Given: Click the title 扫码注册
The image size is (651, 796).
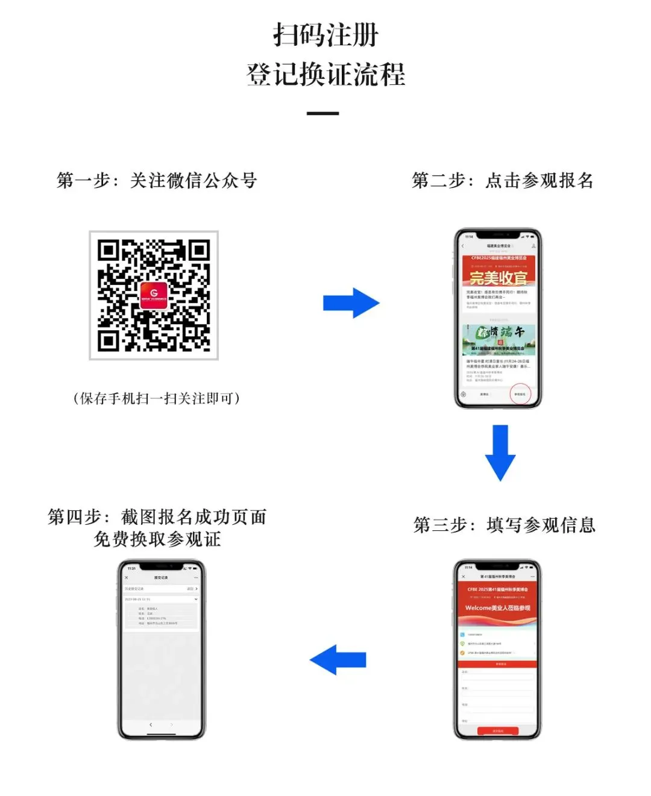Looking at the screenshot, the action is (x=325, y=35).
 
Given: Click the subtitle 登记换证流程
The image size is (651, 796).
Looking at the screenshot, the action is (x=325, y=75).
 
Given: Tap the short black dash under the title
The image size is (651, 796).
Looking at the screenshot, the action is (x=322, y=113).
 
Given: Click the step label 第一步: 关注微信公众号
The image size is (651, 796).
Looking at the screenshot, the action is (x=157, y=180).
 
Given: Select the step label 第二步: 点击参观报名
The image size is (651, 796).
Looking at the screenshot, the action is (x=502, y=180).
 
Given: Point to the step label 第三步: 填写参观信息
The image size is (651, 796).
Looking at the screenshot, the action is (x=504, y=525).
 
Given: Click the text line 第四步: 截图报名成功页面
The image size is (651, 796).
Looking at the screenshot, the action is (x=157, y=517).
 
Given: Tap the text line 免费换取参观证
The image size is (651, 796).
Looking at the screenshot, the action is (x=157, y=539).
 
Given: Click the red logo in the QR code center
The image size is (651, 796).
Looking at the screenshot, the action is (x=154, y=295).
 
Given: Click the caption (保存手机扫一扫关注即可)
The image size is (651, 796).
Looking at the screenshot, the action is (x=157, y=398).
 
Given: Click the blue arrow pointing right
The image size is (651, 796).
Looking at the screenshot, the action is (x=351, y=302).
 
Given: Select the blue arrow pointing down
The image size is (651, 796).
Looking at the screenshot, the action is (x=500, y=452).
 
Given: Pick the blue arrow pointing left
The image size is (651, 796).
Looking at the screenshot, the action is (x=338, y=659).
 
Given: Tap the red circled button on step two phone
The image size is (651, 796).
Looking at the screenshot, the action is (x=520, y=394).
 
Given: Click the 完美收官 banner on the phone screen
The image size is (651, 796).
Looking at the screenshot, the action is (x=498, y=277).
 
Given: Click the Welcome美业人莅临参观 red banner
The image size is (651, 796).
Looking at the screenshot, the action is (x=497, y=608).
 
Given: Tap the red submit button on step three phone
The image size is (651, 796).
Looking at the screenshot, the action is (x=498, y=730).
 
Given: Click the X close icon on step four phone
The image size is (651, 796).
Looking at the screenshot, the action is (x=126, y=577).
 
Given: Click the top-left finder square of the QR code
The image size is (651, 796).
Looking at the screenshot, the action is (x=107, y=249).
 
